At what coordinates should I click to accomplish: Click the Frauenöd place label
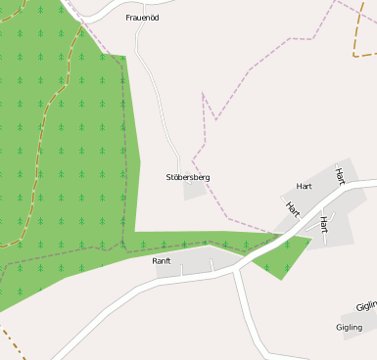(143, 18)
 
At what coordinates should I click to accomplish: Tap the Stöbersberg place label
(188, 177)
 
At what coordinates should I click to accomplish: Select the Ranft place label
(162, 261)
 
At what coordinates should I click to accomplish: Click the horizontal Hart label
(304, 186)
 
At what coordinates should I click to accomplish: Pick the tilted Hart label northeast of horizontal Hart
(340, 176)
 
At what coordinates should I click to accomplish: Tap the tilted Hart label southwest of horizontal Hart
(292, 207)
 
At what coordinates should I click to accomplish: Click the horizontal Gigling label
(349, 327)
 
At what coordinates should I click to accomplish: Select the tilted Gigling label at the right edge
(366, 306)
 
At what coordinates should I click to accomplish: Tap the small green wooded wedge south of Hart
(289, 256)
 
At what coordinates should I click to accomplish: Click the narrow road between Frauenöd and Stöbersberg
(157, 98)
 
